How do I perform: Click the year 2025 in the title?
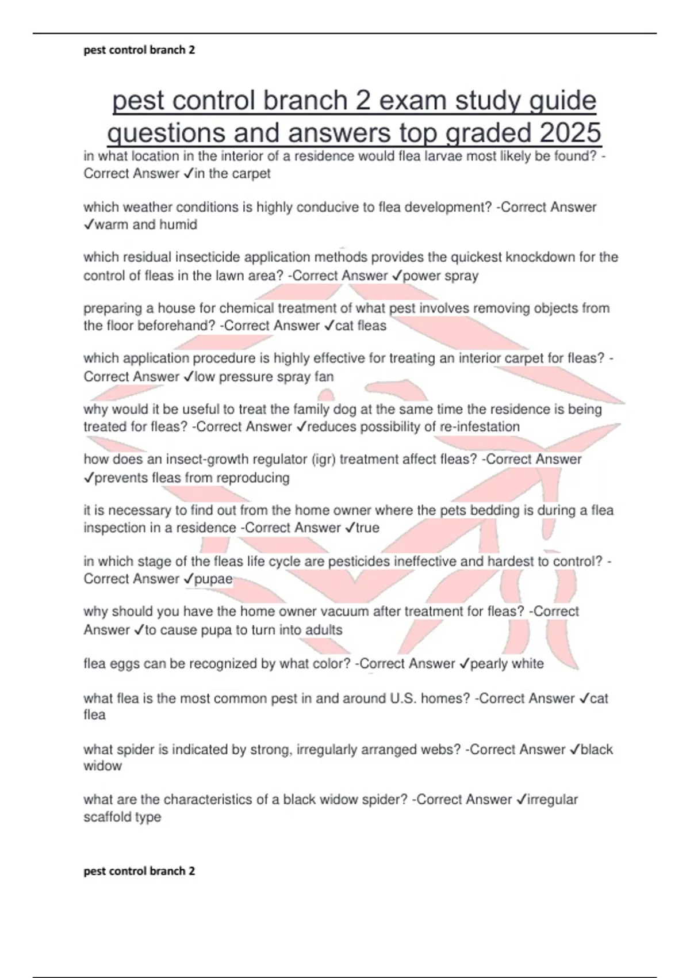click(570, 133)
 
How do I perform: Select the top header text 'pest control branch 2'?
click(139, 50)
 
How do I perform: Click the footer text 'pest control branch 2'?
click(139, 871)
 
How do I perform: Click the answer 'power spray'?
click(440, 276)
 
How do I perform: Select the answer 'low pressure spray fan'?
click(264, 377)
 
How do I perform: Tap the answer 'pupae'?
click(213, 579)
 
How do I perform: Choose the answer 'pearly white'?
click(507, 664)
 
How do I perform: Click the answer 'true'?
click(367, 528)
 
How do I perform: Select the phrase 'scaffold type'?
click(122, 817)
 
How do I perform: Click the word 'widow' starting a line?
click(102, 766)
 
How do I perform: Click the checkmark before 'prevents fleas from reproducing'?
click(89, 478)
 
